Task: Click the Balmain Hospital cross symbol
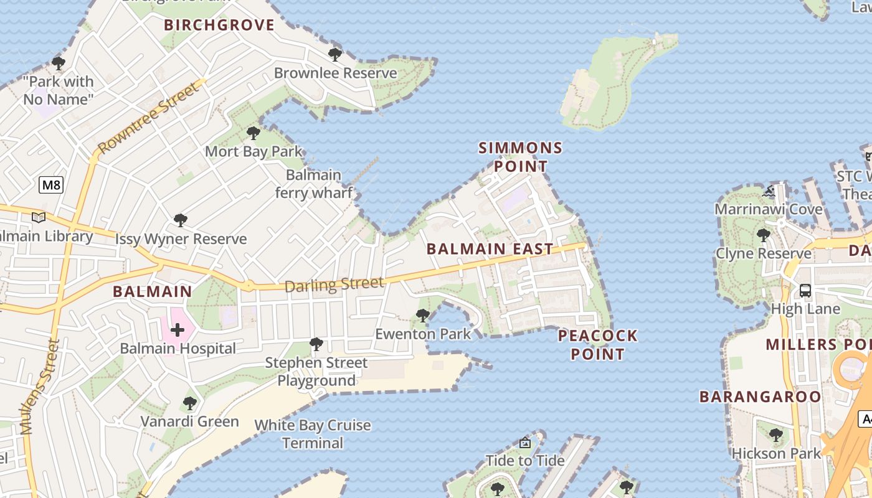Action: pos(178,329)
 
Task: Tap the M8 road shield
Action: pos(51,185)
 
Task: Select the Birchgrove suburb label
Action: pos(219,25)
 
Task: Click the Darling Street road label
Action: pos(334,285)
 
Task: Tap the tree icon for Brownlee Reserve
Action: pos(335,54)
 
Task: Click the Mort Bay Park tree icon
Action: pos(253,133)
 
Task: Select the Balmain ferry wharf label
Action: pos(313,184)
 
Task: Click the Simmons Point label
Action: pos(520,157)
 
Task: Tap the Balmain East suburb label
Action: pos(490,249)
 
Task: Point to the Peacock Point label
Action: pos(598,345)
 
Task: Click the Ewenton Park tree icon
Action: pos(423,316)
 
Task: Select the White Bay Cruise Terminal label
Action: pos(313,435)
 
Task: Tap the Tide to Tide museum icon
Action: pos(525,443)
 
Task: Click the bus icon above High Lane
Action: pos(805,290)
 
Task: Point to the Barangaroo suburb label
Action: pos(760,397)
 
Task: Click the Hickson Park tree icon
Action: pos(775,435)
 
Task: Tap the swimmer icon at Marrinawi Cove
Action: pos(768,191)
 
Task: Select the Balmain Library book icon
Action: pos(39,217)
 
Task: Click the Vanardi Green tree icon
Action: pos(190,403)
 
